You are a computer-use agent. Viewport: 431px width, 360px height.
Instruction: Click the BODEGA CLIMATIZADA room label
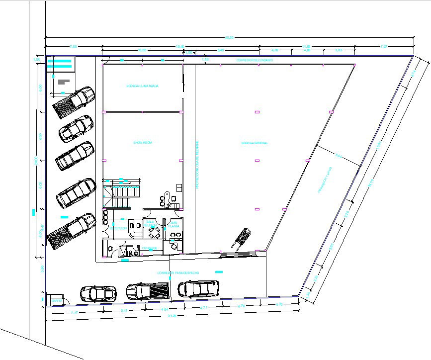click(x=143, y=86)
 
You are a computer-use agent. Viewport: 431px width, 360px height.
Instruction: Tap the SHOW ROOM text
click(x=142, y=143)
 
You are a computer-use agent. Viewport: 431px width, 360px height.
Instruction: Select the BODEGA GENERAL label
click(x=255, y=143)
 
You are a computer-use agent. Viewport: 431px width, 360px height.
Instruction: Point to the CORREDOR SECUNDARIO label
click(x=255, y=60)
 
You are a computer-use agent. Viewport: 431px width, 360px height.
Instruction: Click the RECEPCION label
click(x=118, y=228)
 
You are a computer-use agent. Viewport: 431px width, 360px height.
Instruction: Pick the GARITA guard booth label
click(x=56, y=301)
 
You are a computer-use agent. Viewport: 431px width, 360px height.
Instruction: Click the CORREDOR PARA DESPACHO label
click(x=178, y=273)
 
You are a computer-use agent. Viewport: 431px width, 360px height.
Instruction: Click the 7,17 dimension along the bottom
click(x=75, y=312)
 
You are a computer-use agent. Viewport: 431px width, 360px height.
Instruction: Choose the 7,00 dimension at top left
click(x=73, y=47)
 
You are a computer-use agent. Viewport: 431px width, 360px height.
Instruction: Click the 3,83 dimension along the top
click(x=339, y=50)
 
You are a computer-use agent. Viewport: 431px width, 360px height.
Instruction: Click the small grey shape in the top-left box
click(x=64, y=81)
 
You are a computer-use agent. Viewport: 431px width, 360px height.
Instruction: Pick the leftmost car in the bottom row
click(x=98, y=293)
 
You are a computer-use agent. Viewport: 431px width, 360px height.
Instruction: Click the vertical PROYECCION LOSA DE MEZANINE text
click(x=197, y=164)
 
